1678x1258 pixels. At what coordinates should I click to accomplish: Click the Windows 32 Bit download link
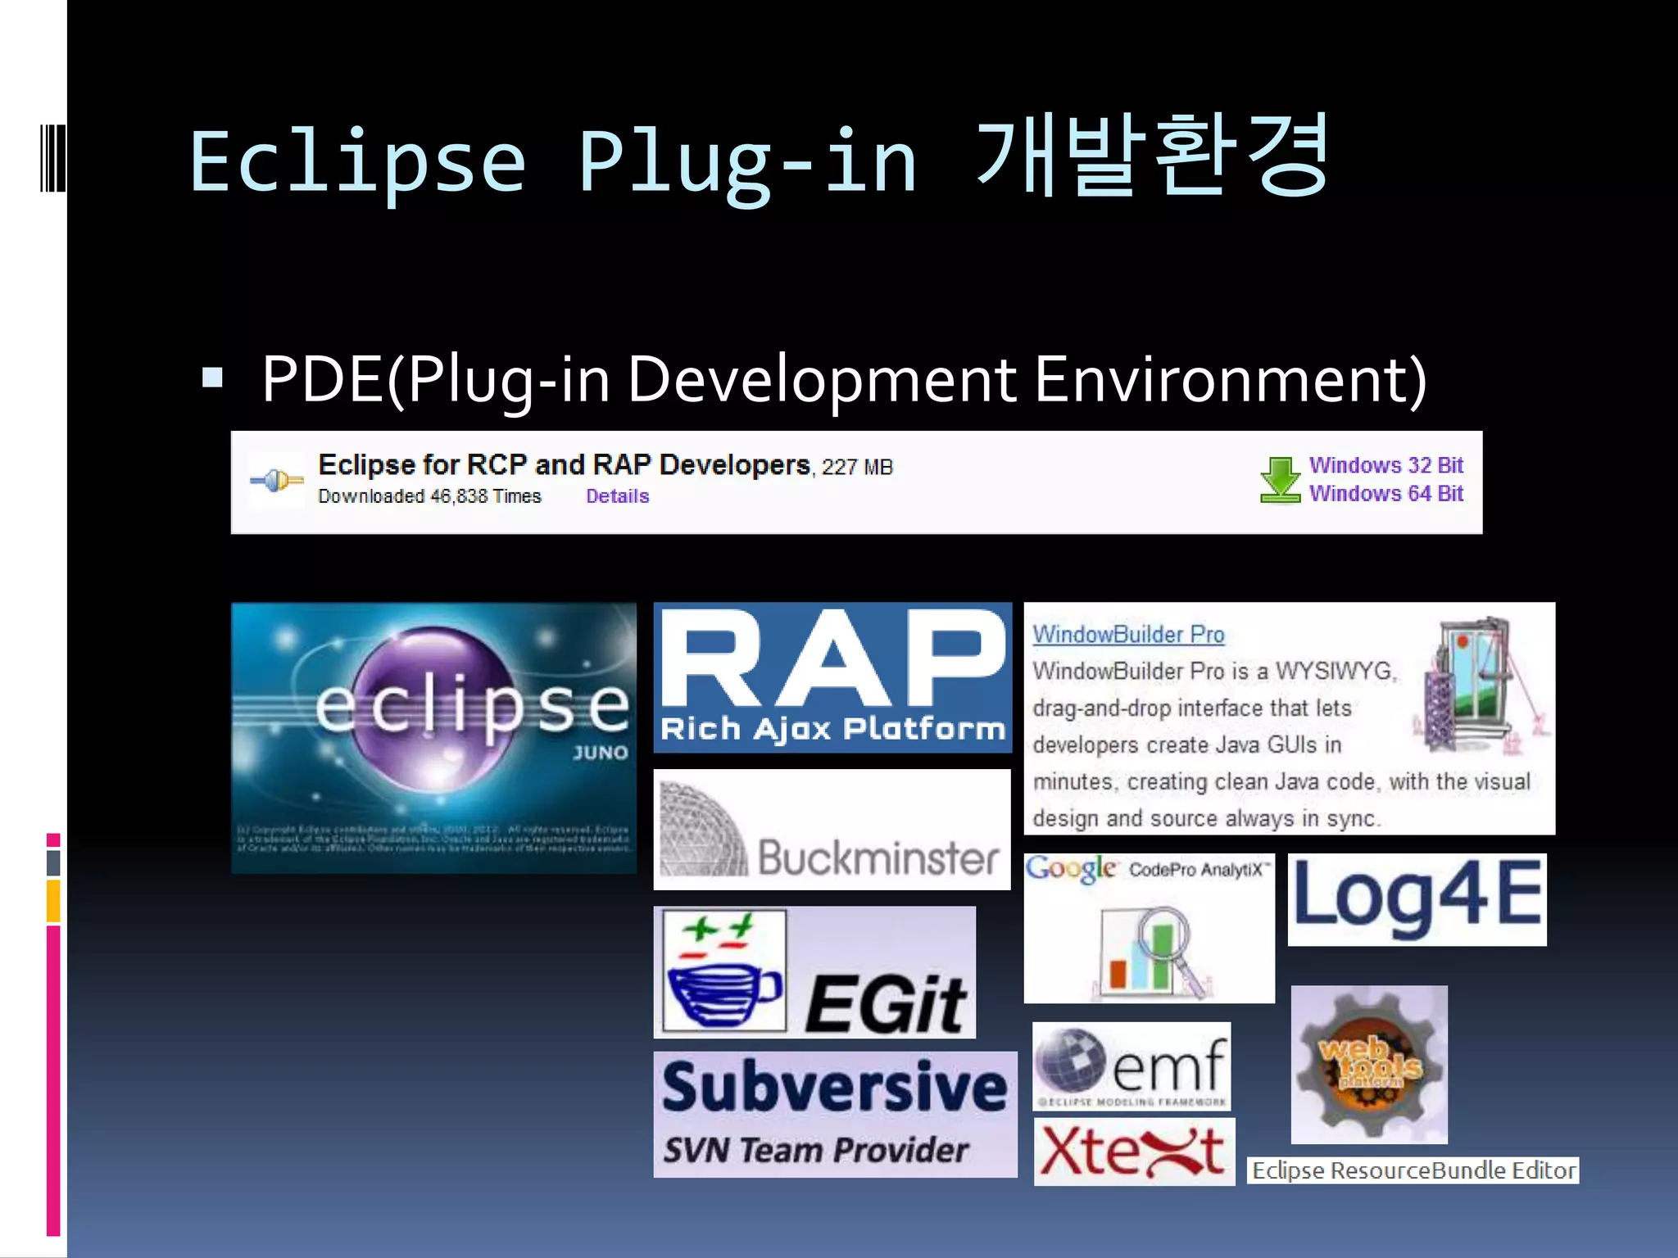(1385, 465)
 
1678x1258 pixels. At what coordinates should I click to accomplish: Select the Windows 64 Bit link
(1385, 494)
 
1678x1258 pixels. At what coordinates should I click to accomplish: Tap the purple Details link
(617, 496)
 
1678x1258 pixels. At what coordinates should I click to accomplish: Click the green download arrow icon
(1279, 479)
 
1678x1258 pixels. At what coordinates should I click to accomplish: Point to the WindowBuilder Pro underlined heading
(1128, 635)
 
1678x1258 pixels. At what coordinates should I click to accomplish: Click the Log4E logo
(1417, 899)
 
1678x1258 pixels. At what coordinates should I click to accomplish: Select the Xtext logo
(1133, 1152)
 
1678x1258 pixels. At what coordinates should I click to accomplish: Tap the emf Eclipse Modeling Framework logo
(1132, 1066)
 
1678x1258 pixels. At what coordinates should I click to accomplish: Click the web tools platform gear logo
(1369, 1065)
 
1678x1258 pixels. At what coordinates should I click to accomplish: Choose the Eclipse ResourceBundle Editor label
(1413, 1170)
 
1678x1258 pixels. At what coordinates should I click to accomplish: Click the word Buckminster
(878, 858)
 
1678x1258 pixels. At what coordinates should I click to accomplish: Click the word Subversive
(834, 1087)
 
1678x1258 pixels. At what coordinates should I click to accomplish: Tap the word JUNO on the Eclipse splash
(601, 753)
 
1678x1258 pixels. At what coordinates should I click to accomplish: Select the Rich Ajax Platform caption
(832, 728)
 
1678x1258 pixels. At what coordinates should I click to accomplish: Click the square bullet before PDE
(213, 378)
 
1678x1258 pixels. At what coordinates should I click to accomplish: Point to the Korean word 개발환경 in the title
(1152, 158)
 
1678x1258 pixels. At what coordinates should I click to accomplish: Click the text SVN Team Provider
(815, 1151)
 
